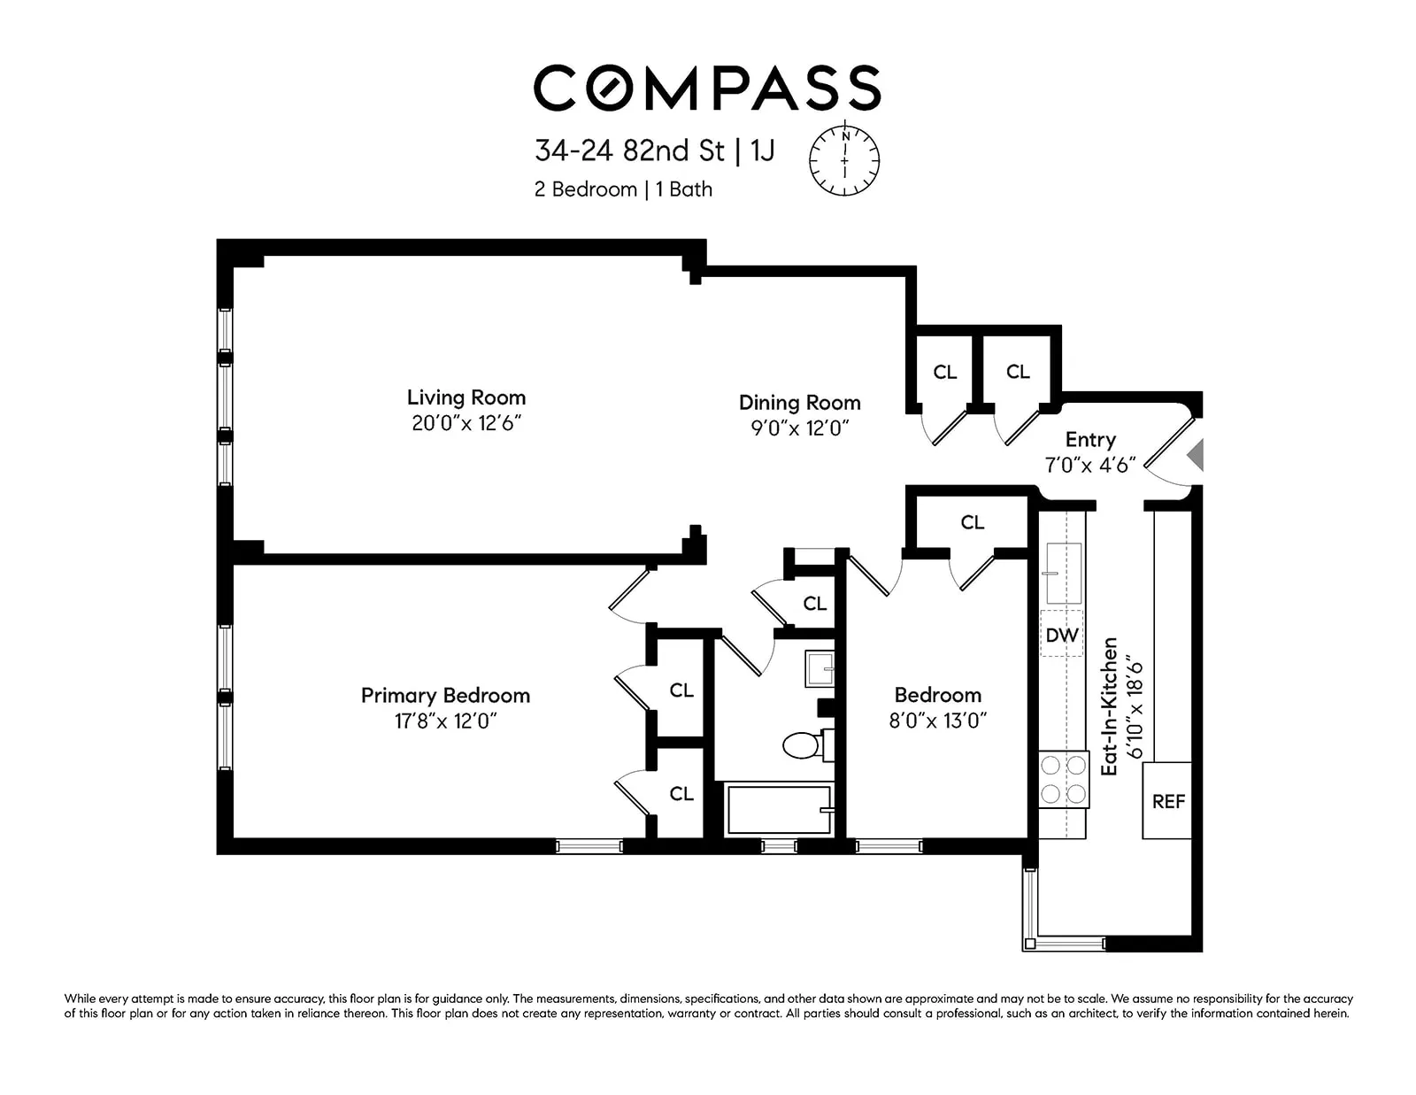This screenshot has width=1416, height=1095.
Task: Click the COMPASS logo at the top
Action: (706, 89)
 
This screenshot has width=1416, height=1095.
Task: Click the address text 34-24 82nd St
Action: (629, 150)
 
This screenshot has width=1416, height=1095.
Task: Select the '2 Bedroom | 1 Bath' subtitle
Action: (623, 189)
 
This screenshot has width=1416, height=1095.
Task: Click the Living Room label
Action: (466, 397)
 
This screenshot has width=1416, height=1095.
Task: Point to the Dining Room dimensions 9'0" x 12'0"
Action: (799, 428)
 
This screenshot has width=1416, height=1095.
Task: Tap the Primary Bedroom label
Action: (445, 696)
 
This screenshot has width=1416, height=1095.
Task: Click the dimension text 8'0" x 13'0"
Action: (937, 721)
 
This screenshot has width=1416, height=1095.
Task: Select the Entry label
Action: (1090, 440)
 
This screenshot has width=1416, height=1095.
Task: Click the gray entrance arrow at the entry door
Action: (1196, 455)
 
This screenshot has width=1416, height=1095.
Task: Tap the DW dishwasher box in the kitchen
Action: (1061, 635)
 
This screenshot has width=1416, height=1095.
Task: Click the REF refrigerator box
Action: (1167, 801)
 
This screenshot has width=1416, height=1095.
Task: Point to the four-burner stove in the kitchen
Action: (1063, 780)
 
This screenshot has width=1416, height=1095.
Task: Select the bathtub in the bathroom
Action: (778, 810)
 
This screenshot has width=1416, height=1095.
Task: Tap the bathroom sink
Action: (819, 669)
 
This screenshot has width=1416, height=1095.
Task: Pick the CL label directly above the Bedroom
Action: (972, 523)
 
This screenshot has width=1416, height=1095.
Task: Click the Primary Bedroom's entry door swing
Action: (630, 591)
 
